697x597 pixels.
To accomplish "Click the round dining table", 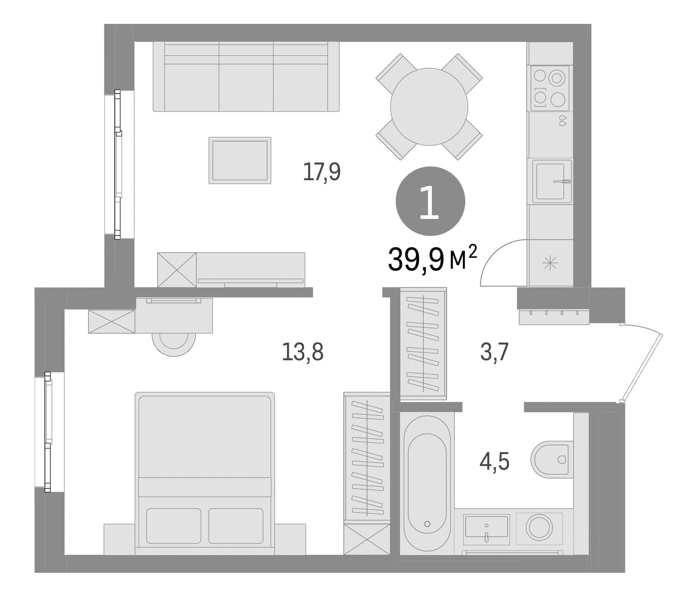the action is tap(429, 106).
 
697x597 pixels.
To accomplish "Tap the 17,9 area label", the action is tap(322, 172).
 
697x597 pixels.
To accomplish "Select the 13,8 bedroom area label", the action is tap(302, 352).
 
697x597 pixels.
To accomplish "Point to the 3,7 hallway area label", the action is tap(494, 352).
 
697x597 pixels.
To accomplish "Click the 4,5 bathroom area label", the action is tap(494, 462).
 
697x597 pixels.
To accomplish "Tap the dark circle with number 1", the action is tap(430, 201).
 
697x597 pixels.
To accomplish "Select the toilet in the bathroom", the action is tap(552, 459).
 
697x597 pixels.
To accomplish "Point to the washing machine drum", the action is tap(539, 527).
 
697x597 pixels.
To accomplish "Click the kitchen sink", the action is tap(552, 181).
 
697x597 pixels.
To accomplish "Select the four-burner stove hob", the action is tap(550, 88).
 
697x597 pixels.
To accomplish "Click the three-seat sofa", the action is tap(246, 76).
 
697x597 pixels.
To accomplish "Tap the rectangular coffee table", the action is tap(240, 160).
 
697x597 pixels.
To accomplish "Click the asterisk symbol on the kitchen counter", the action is tap(550, 263).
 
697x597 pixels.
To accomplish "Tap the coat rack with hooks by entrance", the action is tap(554, 317).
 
